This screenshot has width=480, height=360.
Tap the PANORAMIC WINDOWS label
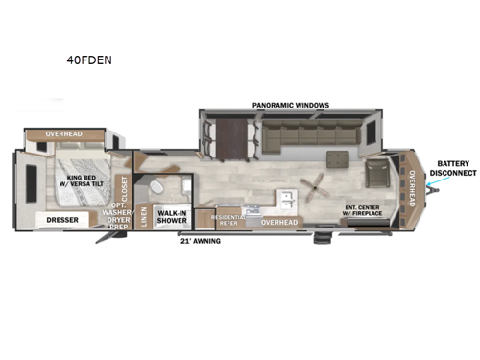[x=291, y=104]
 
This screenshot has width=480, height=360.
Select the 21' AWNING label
[x=201, y=241]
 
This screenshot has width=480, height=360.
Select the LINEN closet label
[x=144, y=218]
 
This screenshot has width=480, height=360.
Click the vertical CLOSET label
[x=123, y=184]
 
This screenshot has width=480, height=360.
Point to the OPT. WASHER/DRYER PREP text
[x=120, y=220]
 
